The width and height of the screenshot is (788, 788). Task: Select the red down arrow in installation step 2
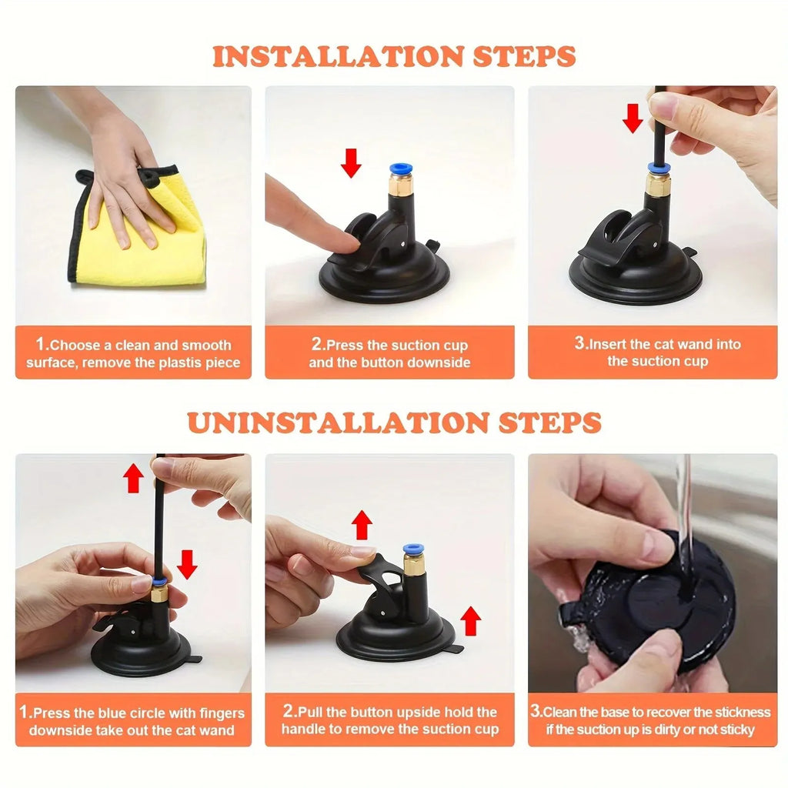351,162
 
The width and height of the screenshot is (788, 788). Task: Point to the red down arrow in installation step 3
633,118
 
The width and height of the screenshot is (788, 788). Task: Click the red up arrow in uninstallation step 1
134,478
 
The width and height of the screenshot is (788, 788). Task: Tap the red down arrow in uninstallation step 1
186,564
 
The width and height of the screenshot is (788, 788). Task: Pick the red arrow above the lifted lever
361,525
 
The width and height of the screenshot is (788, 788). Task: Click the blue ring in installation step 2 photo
399,169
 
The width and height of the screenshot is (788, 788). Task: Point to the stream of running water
683,500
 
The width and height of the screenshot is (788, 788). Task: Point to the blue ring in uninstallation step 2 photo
413,549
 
